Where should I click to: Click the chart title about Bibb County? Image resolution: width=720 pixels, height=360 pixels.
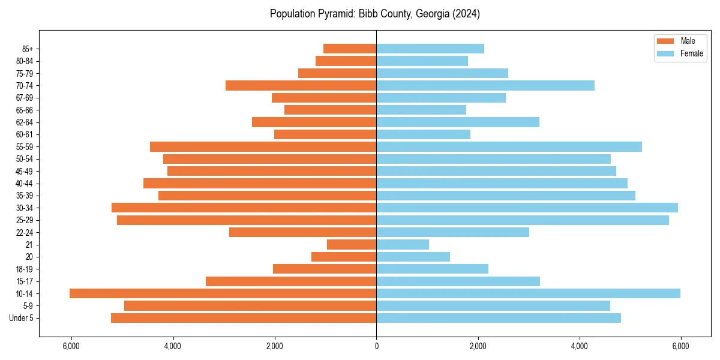[x=374, y=14]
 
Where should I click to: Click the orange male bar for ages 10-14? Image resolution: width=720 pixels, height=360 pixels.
[x=223, y=293]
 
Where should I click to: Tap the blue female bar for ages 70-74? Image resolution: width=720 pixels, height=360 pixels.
[x=485, y=85]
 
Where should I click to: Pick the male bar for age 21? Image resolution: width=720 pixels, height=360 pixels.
[x=352, y=244]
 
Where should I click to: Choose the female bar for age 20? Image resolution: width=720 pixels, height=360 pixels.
[x=413, y=257]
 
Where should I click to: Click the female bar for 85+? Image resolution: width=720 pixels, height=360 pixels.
[x=430, y=49]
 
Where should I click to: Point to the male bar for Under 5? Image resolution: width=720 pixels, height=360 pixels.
[x=244, y=318]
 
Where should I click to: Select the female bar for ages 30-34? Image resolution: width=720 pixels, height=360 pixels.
[x=527, y=208]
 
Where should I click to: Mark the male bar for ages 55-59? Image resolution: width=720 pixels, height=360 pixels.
[x=263, y=146]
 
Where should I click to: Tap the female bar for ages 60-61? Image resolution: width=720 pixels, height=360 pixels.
[x=424, y=134]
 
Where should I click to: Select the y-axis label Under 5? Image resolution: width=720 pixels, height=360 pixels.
[x=21, y=318]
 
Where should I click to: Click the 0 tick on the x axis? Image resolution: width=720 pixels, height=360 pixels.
[x=376, y=346]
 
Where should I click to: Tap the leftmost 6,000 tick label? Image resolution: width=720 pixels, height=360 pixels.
[x=71, y=346]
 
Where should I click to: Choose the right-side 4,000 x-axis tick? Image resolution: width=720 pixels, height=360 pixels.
[x=579, y=346]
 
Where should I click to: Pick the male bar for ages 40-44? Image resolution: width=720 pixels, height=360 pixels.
[x=260, y=183]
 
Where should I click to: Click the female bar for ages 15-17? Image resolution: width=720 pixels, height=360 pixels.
[x=458, y=281]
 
